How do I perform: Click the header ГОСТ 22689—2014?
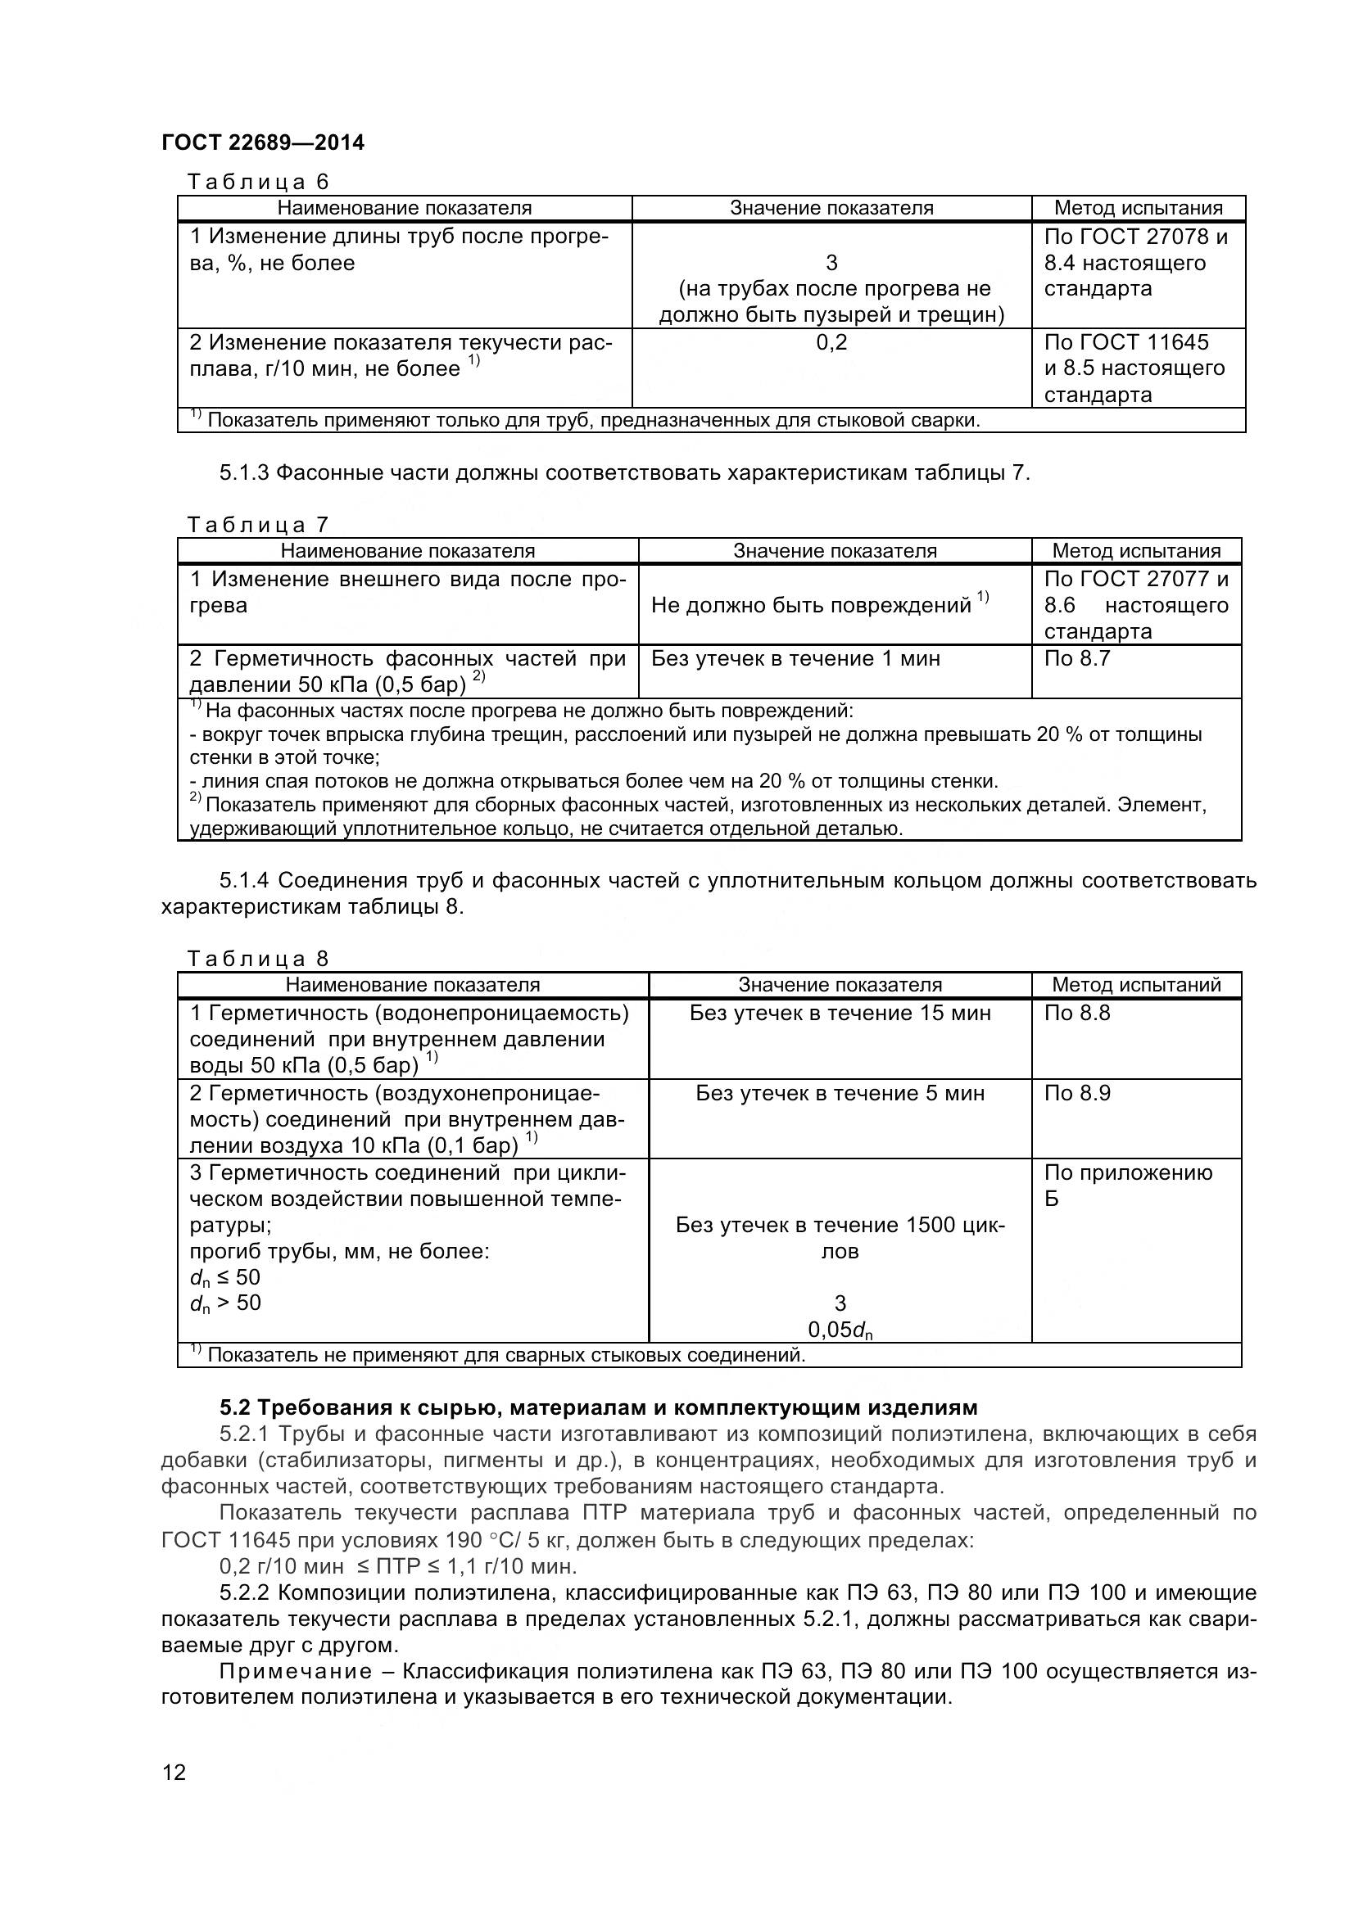pos(263,142)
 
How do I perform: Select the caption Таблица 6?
pos(259,181)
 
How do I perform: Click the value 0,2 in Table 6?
pos(831,342)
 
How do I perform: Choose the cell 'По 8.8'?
pos(1077,1013)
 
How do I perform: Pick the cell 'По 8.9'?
pos(1077,1093)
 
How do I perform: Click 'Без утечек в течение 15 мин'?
pos(840,1013)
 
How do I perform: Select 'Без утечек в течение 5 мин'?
pos(840,1093)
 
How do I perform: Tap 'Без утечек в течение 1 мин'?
pos(795,658)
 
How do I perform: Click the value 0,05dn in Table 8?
pos(840,1330)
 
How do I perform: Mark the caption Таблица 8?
pos(259,959)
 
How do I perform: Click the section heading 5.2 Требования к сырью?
pos(598,1408)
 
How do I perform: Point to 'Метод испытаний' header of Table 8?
pos(1135,984)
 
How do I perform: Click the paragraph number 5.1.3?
pos(243,473)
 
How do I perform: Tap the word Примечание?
pos(296,1672)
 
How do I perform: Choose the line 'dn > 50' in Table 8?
pos(225,1303)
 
